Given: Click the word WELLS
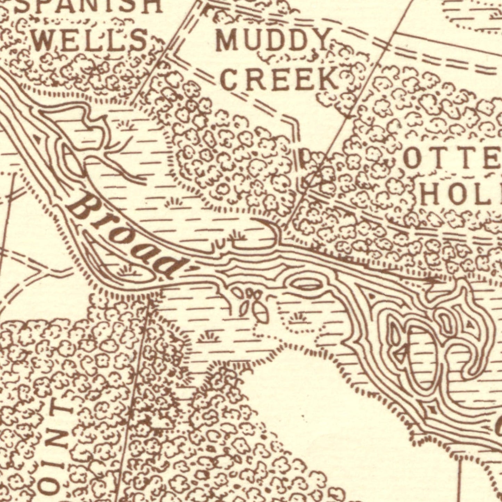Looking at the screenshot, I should [91, 40].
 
